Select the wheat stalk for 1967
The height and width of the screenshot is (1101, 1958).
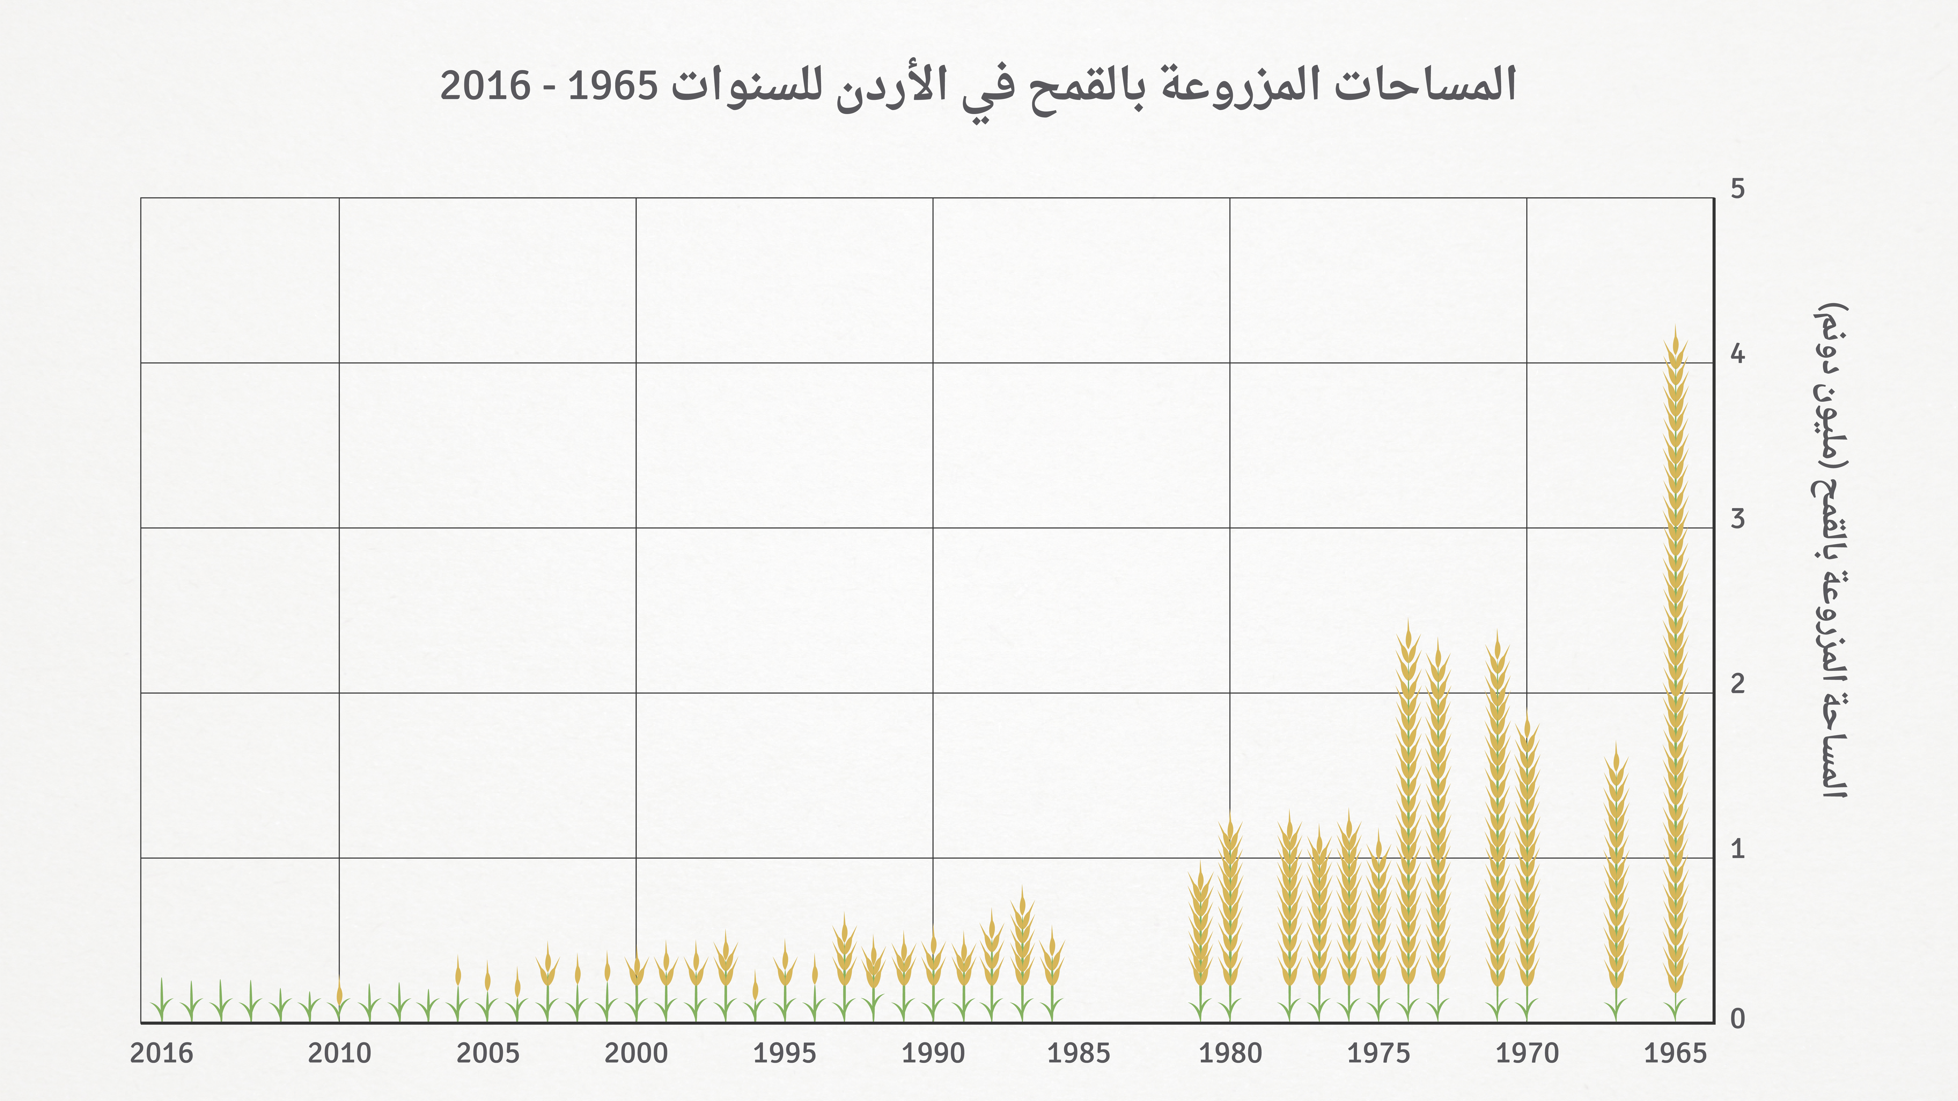(x=1616, y=881)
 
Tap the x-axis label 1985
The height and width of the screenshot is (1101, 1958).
(x=1078, y=1053)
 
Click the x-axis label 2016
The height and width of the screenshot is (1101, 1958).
(x=162, y=1053)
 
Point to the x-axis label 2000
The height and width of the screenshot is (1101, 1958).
(x=636, y=1053)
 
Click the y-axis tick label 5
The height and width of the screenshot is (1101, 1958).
(x=1738, y=188)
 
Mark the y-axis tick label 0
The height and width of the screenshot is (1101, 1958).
(x=1738, y=1019)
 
